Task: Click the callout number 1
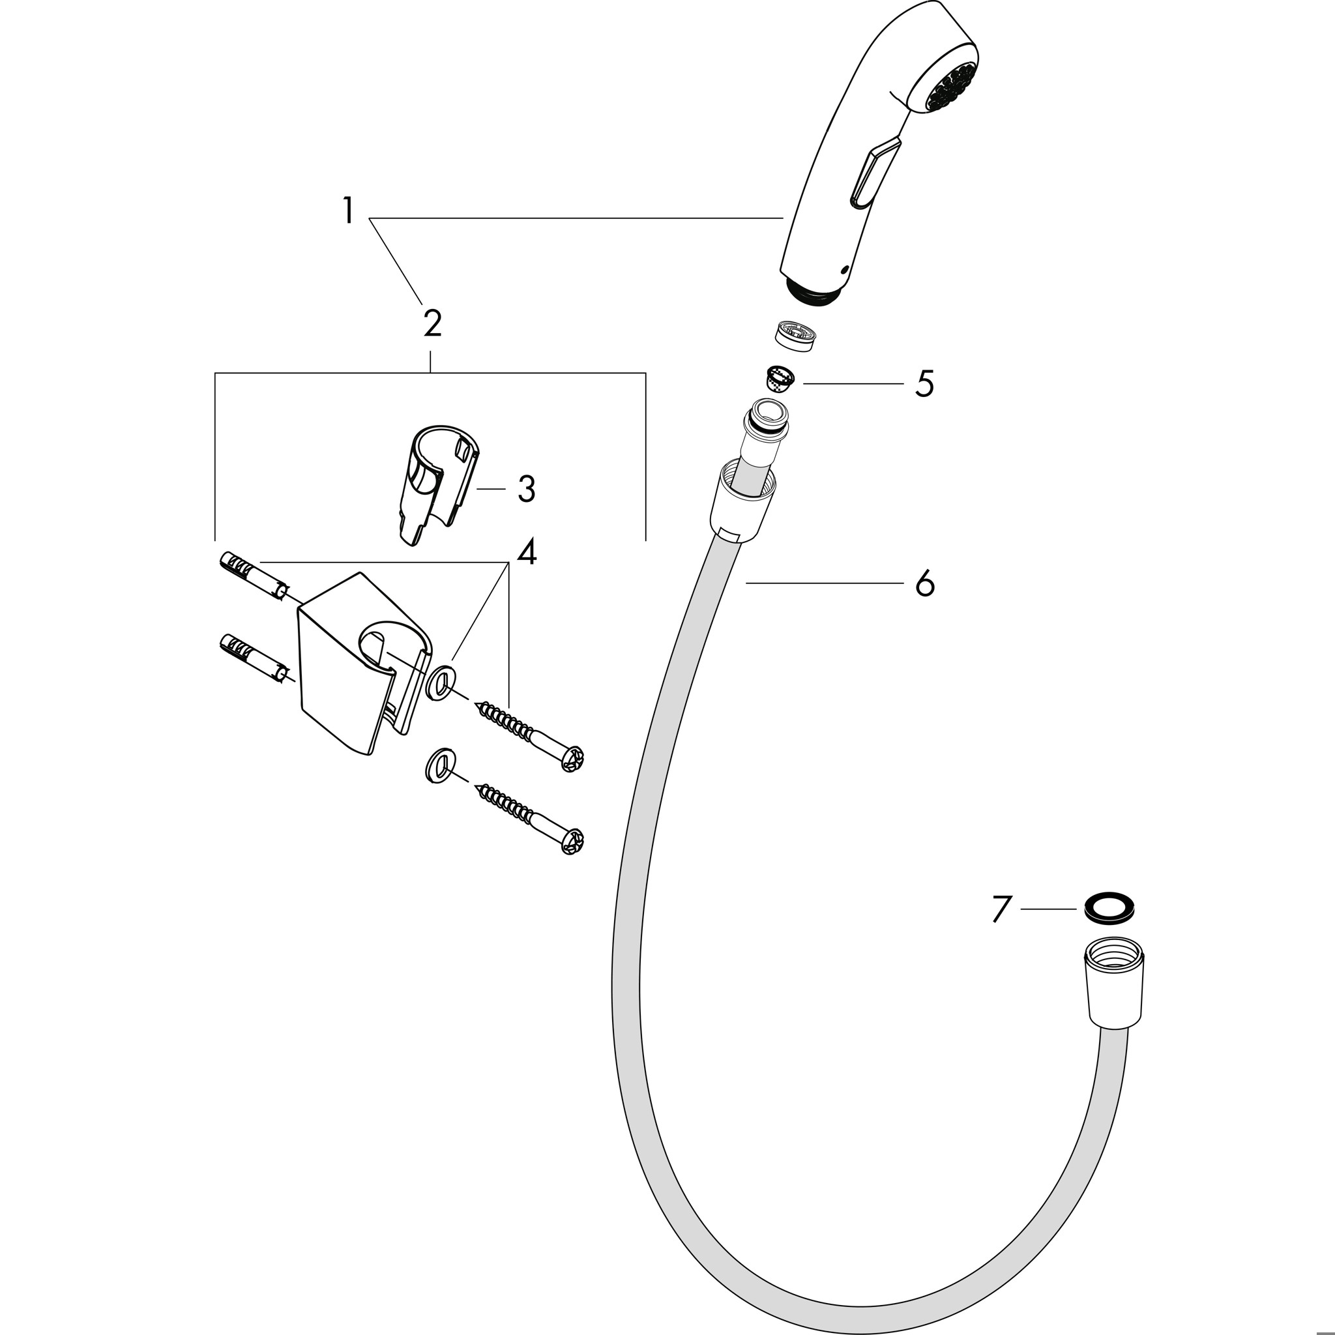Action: click(348, 211)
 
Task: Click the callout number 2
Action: click(433, 323)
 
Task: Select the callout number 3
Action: click(527, 490)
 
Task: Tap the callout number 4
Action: click(527, 552)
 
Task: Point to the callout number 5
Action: click(924, 383)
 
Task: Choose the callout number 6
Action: click(924, 583)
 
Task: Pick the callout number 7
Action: click(1002, 909)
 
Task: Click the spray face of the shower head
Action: click(951, 87)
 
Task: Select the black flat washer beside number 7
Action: click(1109, 907)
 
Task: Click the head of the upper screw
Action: click(573, 758)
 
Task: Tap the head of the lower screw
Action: click(573, 841)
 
